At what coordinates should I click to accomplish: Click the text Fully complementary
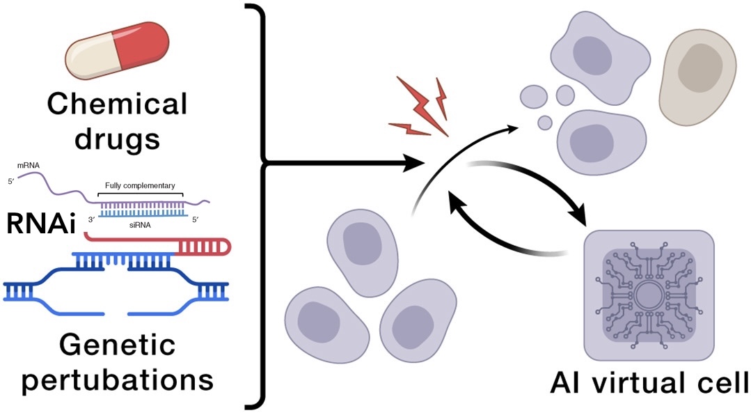pos(139,186)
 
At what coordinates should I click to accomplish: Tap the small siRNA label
pos(139,225)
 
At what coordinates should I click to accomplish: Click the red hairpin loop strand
pos(209,246)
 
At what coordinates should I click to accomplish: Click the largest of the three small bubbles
pos(535,95)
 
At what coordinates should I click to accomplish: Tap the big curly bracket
pos(259,206)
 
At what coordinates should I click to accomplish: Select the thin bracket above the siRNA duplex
pos(139,195)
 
